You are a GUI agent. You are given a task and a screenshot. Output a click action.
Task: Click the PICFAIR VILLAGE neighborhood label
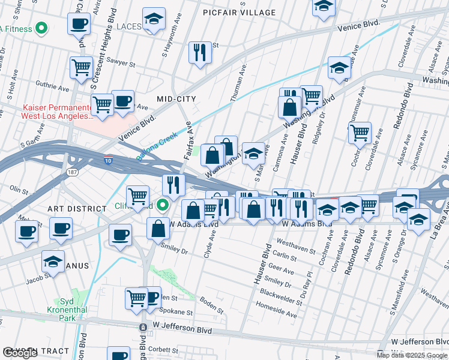[x=239, y=12]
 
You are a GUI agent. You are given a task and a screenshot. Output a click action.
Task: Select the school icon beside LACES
[x=154, y=19]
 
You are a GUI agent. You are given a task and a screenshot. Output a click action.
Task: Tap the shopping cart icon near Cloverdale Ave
[x=360, y=133]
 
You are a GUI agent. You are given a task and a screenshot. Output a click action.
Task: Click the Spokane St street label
[x=176, y=313]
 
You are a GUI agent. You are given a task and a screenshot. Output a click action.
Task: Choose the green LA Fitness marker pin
[x=41, y=27]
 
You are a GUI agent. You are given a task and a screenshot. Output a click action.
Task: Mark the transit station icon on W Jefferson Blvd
[x=143, y=328]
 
